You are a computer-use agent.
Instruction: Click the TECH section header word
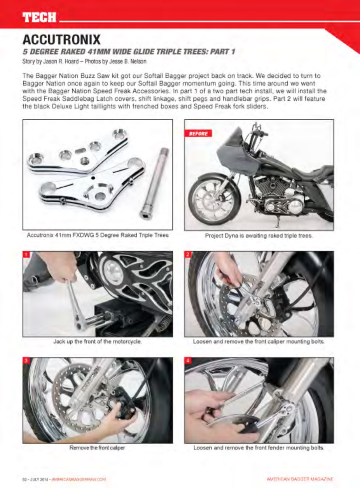click(x=39, y=17)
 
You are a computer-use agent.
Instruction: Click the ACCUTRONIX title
click(x=62, y=39)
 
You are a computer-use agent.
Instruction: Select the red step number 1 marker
click(x=26, y=254)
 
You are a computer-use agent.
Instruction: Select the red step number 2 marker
click(x=188, y=254)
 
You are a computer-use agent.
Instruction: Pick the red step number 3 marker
click(x=26, y=361)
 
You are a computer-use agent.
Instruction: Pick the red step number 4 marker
click(x=188, y=361)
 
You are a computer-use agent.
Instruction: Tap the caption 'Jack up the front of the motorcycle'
click(x=97, y=342)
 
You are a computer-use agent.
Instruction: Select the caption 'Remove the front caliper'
click(x=97, y=447)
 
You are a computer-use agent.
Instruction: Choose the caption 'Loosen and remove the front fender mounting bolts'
click(x=259, y=447)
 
